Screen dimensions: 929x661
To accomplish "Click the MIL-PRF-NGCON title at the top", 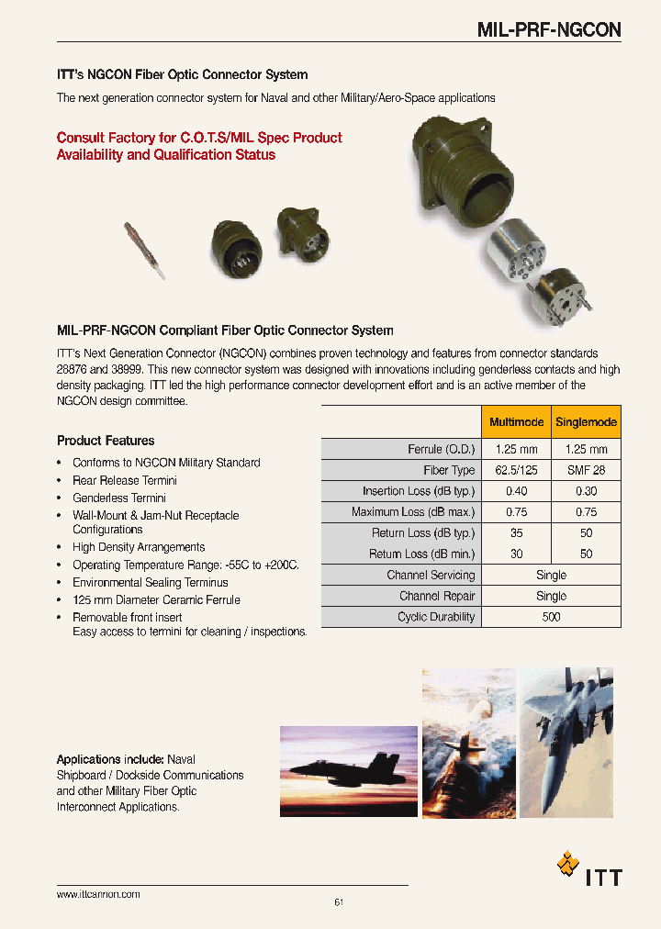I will click(549, 29).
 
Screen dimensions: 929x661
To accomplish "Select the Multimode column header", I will click(516, 422).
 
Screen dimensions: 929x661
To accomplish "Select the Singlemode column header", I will click(587, 422).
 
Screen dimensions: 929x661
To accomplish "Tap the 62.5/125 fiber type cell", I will click(516, 470).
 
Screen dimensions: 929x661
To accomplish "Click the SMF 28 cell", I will click(587, 470).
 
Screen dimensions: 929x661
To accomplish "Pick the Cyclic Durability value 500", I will click(551, 617).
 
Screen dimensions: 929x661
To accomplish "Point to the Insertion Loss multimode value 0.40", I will click(516, 491).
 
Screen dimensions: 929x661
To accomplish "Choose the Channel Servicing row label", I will click(431, 576).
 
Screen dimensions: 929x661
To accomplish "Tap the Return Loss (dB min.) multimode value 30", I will click(516, 554).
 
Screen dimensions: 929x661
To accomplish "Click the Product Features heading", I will click(106, 441).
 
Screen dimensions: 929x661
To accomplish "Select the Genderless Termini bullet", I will click(119, 498).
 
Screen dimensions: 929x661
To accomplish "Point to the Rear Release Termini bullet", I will click(125, 480).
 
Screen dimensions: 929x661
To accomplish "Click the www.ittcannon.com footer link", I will click(98, 894).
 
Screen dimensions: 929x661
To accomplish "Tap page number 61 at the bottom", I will click(339, 902).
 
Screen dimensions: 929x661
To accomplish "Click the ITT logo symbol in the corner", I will click(568, 864).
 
